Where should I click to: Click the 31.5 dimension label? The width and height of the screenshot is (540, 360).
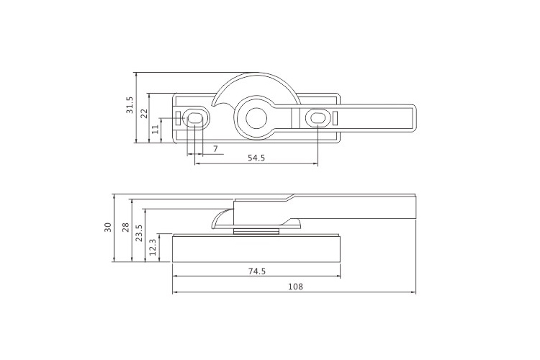(129, 105)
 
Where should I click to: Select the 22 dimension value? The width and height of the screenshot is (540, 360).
(144, 113)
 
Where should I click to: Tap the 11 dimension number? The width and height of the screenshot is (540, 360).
(156, 129)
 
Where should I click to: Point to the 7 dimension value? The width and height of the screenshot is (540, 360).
(215, 149)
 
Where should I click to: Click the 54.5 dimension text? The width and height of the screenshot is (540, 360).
(256, 158)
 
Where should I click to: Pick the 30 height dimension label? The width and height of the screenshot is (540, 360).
(108, 227)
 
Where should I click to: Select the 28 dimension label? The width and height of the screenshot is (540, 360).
(126, 227)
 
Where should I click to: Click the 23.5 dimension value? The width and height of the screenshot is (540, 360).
(139, 233)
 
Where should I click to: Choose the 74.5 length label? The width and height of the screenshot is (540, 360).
(257, 271)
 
